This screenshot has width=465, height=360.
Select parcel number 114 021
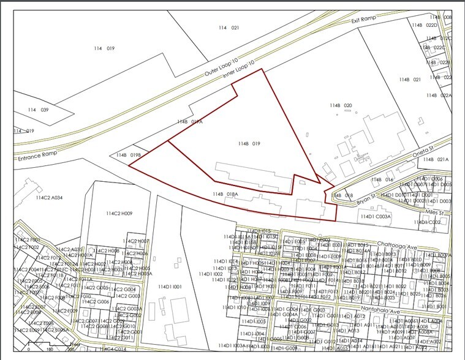(x=229, y=28)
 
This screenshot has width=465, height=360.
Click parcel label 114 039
(x=38, y=110)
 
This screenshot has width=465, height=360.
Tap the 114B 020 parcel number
(x=341, y=106)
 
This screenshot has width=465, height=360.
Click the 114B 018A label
(x=225, y=194)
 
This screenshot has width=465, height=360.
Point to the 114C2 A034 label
(x=50, y=198)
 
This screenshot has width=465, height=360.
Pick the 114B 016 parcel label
(x=381, y=180)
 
